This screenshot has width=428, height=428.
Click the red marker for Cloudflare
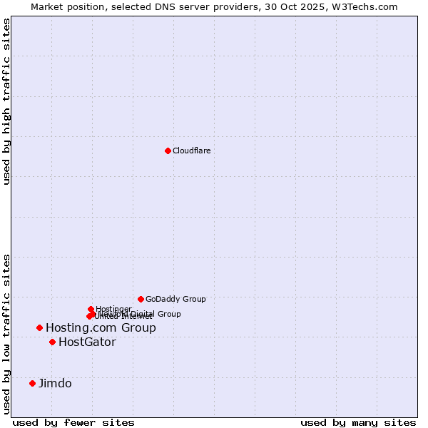click(x=168, y=151)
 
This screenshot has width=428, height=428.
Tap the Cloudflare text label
click(x=191, y=151)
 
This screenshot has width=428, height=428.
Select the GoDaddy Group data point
click(x=141, y=299)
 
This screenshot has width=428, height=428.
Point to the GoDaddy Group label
click(x=175, y=299)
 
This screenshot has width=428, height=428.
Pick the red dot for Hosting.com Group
click(x=39, y=327)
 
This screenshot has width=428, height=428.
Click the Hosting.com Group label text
click(x=101, y=327)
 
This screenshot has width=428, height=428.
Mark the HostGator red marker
click(x=52, y=342)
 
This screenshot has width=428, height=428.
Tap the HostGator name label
click(x=87, y=342)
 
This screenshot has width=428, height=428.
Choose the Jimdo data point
click(x=32, y=383)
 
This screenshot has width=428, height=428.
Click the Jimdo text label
click(x=55, y=383)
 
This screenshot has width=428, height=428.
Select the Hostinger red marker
click(x=91, y=309)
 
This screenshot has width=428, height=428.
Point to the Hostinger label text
click(x=114, y=308)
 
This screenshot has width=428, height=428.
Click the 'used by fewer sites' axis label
click(x=73, y=422)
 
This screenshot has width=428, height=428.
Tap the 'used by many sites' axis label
click(x=358, y=422)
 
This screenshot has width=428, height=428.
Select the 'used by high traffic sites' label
click(x=7, y=101)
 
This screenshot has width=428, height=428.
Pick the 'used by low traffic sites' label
click(x=7, y=334)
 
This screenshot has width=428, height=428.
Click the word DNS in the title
click(x=160, y=6)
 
